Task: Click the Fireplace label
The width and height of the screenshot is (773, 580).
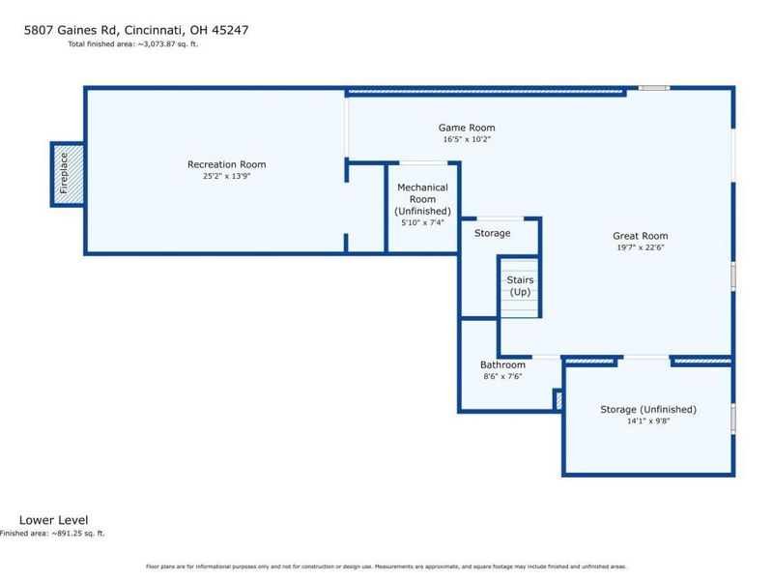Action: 64,173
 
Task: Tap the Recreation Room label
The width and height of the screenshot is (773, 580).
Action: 227,164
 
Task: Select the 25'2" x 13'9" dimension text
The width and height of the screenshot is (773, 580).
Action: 227,176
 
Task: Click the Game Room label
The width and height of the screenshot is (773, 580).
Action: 467,128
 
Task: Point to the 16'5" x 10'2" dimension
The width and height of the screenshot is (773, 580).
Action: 467,139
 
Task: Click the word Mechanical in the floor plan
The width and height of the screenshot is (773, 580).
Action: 422,188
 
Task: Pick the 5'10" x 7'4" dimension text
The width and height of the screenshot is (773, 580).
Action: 422,222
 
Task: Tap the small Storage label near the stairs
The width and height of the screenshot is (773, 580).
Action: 493,233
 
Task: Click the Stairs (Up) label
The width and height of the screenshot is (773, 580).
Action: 520,286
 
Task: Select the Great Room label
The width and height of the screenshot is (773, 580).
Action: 641,236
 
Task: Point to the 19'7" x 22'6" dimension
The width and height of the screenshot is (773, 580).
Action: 641,247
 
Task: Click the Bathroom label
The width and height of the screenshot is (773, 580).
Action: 502,364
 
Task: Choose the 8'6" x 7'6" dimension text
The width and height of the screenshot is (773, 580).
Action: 502,376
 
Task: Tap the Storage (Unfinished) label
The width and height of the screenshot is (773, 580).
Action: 648,409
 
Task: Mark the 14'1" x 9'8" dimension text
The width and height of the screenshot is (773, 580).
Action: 648,421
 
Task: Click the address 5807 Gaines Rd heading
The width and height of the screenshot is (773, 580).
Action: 136,30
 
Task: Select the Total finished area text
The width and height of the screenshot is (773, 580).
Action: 132,43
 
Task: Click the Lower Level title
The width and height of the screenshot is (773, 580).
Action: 54,520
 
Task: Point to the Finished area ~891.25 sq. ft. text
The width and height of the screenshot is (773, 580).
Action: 52,534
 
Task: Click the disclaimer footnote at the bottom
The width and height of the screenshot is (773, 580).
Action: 386,566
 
